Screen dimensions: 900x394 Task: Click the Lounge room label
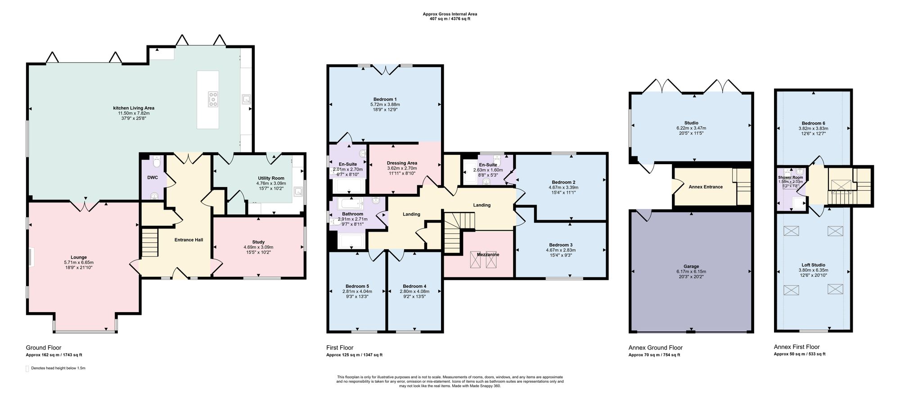point(79,258)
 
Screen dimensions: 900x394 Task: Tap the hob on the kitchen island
point(213,99)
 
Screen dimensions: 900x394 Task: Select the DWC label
point(153,178)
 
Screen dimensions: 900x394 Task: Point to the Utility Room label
point(271,179)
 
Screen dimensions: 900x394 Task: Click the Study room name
point(258,242)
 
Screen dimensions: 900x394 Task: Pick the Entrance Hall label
point(189,240)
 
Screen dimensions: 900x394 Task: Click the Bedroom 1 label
point(385,99)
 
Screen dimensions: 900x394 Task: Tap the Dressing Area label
point(402,163)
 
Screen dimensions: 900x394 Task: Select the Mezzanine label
point(488,255)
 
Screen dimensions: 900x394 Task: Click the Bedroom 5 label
point(357,287)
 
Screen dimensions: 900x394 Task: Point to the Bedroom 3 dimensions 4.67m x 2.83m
point(561,251)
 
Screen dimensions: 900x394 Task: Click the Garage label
point(691,267)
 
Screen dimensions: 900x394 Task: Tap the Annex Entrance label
point(706,187)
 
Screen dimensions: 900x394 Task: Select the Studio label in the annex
point(691,123)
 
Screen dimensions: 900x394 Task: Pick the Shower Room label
point(791,178)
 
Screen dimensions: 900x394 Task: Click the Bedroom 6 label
point(813,123)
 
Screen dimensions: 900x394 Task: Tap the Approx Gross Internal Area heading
point(450,14)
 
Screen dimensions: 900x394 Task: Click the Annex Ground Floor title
point(655,348)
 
